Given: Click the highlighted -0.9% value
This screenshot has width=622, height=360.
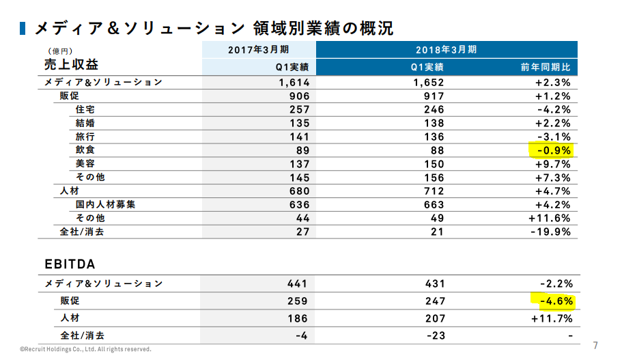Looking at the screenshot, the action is (554, 150).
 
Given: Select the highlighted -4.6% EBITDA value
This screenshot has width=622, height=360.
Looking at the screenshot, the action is (556, 301).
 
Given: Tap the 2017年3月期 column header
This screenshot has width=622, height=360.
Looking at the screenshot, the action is (259, 50).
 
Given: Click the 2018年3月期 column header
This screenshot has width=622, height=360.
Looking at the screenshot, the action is (447, 50).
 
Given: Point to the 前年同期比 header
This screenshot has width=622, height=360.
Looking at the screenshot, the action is (546, 67).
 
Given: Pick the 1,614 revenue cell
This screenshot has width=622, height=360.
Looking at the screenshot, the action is (294, 83).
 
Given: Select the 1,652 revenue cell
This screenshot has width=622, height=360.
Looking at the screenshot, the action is (428, 83).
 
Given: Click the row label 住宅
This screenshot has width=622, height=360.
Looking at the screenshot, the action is (85, 109).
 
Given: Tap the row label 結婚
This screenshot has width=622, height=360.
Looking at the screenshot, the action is (85, 123).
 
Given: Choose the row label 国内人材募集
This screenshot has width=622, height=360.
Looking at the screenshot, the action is (106, 204).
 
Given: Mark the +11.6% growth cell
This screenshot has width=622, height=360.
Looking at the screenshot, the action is (550, 218).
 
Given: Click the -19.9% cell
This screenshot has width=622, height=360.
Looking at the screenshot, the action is (550, 232).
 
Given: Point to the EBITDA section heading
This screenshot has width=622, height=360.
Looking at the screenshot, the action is (70, 264).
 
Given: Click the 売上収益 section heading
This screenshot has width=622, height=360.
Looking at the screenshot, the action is (71, 64).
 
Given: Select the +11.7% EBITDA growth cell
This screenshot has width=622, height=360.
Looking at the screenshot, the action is (552, 319).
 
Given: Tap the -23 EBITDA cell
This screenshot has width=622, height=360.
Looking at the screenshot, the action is (436, 336).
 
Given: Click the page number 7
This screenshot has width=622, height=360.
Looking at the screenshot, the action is (595, 346).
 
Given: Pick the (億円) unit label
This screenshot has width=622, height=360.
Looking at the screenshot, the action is (60, 51).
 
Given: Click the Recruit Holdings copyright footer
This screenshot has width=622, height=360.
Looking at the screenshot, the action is (85, 349).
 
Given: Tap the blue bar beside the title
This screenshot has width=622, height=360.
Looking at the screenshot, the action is (23, 28).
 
